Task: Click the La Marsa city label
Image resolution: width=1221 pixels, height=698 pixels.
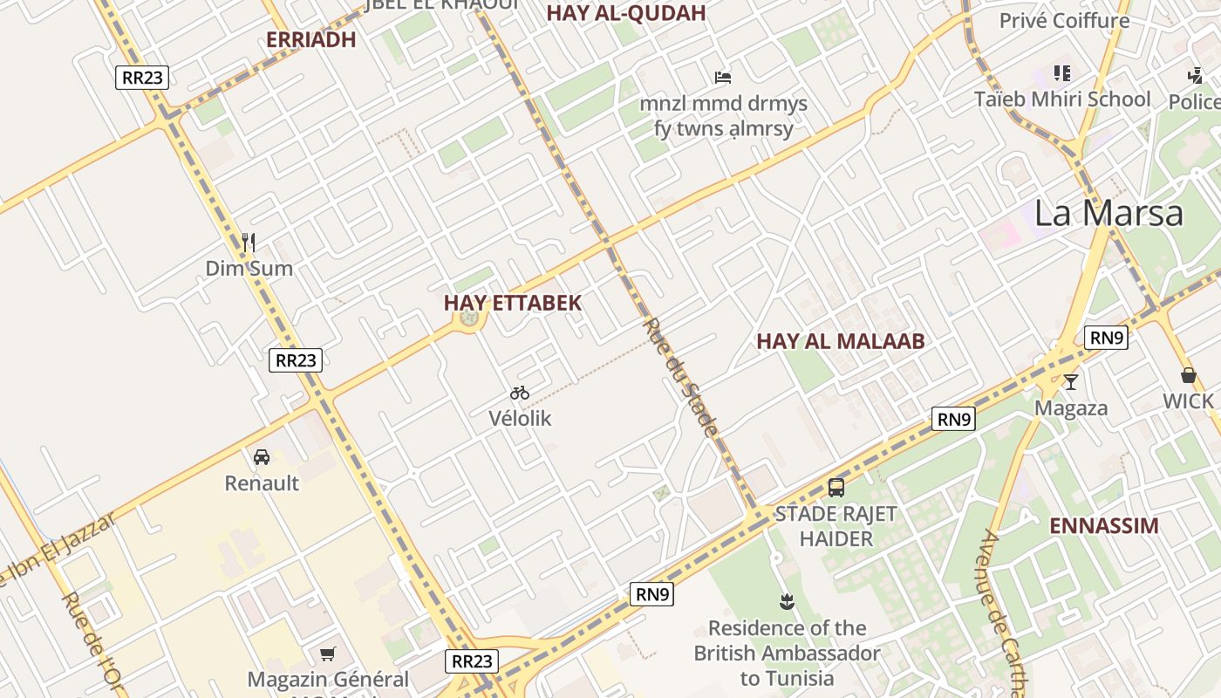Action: [1108, 213]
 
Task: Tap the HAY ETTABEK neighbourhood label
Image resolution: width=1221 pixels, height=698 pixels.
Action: [512, 303]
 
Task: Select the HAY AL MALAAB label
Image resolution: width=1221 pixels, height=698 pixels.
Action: [840, 341]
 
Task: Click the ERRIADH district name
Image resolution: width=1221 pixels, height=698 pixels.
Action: [310, 39]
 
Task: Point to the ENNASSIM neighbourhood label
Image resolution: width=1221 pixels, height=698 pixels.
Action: [1103, 525]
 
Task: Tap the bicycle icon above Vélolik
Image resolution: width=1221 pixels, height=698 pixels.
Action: [520, 393]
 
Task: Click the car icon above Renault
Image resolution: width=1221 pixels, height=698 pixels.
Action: [261, 457]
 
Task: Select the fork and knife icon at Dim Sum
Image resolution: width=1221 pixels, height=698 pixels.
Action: [249, 243]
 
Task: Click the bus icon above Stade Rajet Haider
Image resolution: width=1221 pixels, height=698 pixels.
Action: [836, 488]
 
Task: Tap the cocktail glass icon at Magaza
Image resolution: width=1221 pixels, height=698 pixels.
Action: [1070, 382]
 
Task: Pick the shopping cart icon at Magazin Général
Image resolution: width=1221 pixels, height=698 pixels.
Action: [328, 654]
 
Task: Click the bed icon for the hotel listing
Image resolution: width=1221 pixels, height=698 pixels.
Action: [722, 78]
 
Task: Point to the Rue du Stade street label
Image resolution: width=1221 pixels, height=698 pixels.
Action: [681, 377]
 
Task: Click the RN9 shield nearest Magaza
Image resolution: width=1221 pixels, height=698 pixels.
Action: [1105, 338]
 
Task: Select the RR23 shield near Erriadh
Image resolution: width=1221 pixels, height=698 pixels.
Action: [142, 77]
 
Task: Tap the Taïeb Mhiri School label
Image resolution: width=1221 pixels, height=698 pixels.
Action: [1062, 99]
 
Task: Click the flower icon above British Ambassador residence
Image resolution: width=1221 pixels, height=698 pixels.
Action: [787, 601]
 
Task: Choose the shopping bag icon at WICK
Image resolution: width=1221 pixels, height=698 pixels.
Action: [1188, 376]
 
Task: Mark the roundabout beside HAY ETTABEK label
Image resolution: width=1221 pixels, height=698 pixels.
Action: [469, 318]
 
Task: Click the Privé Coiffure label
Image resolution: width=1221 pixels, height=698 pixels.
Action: [1064, 20]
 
